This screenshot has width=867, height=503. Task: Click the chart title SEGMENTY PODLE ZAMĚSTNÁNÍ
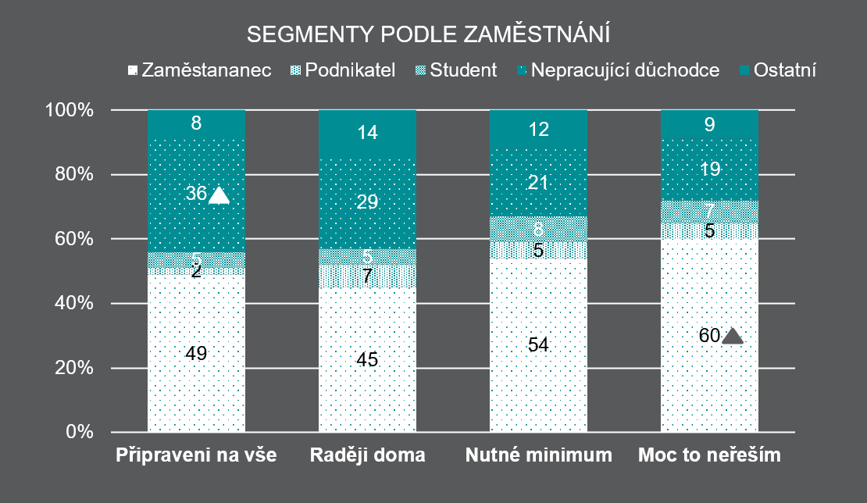point(428,35)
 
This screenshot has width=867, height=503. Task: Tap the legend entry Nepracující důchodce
point(624,70)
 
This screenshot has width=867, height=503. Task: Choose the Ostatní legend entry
point(783,70)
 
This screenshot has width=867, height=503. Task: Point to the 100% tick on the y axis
point(71,110)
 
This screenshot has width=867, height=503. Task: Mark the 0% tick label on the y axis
point(79,432)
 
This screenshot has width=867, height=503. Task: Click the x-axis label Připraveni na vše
point(196,455)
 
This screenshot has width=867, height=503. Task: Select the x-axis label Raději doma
point(367,455)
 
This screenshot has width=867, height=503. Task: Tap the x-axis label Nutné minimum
point(538,455)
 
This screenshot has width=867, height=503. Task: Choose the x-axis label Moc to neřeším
point(709,455)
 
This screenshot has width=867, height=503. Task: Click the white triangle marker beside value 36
point(219,195)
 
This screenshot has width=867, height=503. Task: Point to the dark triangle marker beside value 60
point(732,336)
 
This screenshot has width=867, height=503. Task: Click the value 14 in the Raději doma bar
point(367,133)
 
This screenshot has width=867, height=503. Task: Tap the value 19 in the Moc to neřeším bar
point(709,169)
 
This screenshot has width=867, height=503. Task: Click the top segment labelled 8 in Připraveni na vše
point(196,123)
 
